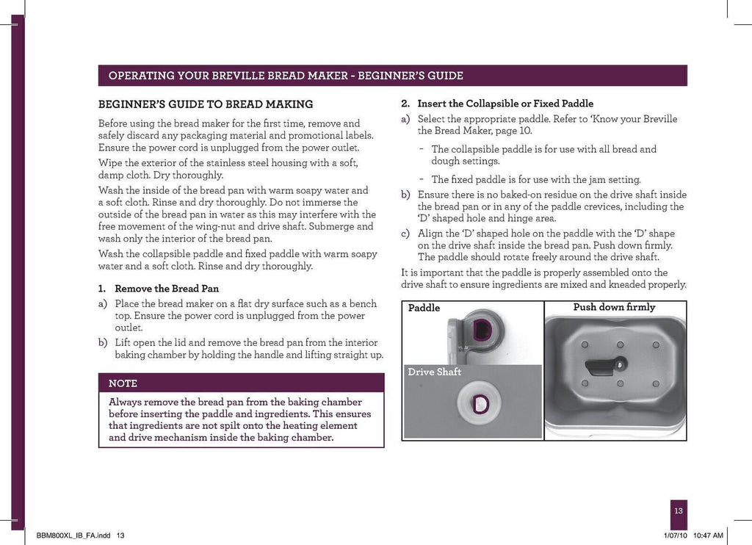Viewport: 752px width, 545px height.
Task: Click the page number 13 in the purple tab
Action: [678, 511]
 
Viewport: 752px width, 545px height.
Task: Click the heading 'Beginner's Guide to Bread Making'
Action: [206, 104]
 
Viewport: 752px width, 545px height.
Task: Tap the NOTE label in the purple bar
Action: [123, 383]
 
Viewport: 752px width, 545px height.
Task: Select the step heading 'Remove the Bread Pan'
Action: [167, 288]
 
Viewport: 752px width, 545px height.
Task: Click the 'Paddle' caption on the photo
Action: [424, 308]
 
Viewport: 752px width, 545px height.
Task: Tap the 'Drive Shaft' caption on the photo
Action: [434, 372]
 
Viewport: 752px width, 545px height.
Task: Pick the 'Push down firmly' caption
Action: [614, 307]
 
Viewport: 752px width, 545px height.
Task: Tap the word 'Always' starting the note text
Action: [126, 402]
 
